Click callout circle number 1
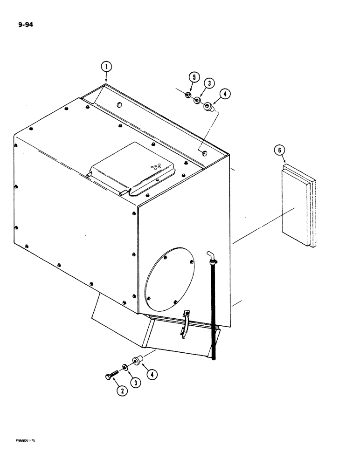pyautogui.click(x=106, y=67)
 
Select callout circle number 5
pyautogui.click(x=194, y=78)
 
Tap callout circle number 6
pyautogui.click(x=279, y=150)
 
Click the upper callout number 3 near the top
pyautogui.click(x=209, y=84)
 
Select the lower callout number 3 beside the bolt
pyautogui.click(x=135, y=382)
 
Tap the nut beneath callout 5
pyautogui.click(x=187, y=96)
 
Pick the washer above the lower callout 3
pyautogui.click(x=126, y=367)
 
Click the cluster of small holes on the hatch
pyautogui.click(x=156, y=167)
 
